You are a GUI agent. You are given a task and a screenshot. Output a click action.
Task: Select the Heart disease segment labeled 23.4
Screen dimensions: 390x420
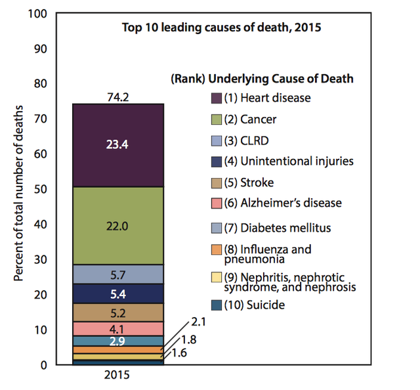coord(117,145)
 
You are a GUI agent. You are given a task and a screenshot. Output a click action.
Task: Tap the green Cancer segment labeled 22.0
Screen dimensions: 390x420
coord(117,225)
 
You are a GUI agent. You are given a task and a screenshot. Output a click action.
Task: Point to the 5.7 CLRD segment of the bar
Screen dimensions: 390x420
coord(117,274)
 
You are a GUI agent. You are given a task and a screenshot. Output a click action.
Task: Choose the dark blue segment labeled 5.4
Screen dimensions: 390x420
coord(117,293)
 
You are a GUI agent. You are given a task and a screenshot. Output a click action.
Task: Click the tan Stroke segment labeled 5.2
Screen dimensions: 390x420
coord(117,312)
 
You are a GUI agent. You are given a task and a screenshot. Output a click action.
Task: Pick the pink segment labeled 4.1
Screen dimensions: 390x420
coord(117,328)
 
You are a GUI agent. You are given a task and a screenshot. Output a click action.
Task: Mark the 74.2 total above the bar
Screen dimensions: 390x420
coord(117,97)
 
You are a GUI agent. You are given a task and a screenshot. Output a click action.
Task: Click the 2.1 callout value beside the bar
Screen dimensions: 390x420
coord(199,322)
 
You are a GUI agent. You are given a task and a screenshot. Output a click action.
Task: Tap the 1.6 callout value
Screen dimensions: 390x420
coord(179,353)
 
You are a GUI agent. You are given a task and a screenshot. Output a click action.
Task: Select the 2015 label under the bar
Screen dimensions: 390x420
coord(117,376)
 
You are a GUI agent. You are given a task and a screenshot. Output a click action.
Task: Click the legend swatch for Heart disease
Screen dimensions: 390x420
coord(216,98)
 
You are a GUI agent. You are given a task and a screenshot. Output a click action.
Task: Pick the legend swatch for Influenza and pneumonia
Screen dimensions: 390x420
coord(216,249)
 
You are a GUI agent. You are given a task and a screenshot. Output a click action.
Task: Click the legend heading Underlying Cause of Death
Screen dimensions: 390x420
coord(262,79)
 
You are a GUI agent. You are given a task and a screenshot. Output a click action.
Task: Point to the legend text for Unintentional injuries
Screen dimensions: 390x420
coord(288,161)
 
